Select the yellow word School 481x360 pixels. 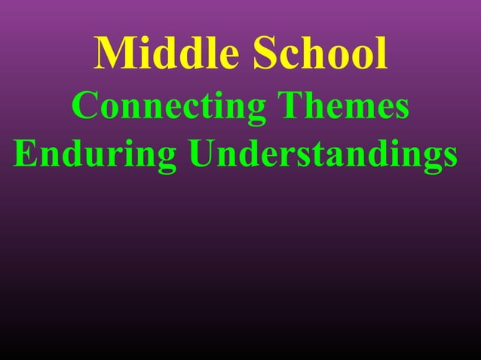point(320,54)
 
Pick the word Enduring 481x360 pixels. point(95,156)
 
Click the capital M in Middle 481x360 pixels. point(114,54)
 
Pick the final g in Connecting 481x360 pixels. point(254,111)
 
